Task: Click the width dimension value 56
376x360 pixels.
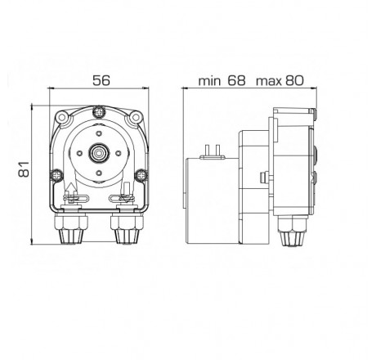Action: pyautogui.click(x=100, y=81)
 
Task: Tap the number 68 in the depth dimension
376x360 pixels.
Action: pyautogui.click(x=236, y=81)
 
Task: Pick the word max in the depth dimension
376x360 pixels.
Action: pyautogui.click(x=270, y=81)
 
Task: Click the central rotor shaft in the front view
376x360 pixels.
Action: pyautogui.click(x=99, y=151)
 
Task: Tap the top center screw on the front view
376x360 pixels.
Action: pyautogui.click(x=99, y=111)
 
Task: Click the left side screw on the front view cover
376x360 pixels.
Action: pyautogui.click(x=56, y=173)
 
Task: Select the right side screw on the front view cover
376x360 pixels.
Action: pyautogui.click(x=142, y=173)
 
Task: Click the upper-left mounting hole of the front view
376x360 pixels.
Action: pyautogui.click(x=62, y=118)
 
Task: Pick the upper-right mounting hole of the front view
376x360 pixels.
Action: pyautogui.click(x=136, y=118)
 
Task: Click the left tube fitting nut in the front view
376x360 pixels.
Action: pyautogui.click(x=72, y=232)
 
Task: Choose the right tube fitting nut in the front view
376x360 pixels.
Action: pyautogui.click(x=125, y=232)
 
